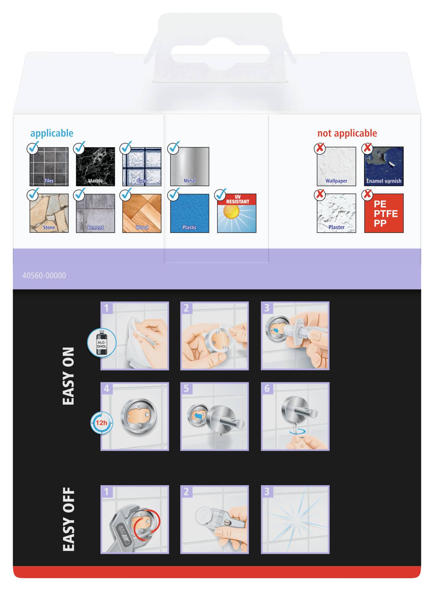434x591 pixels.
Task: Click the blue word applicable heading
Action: (52, 133)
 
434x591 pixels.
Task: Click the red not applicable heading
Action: (347, 133)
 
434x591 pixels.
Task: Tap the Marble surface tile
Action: (95, 166)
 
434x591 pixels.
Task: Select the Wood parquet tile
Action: (142, 213)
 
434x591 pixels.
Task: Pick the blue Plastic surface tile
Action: (189, 213)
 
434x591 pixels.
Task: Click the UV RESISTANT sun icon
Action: (236, 213)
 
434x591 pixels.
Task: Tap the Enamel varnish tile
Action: (384, 166)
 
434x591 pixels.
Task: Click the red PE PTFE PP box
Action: (384, 213)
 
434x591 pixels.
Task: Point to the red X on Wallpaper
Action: (320, 148)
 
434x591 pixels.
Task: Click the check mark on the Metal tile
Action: (174, 148)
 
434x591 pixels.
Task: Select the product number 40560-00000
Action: (44, 275)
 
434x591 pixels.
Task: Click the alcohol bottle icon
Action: (102, 343)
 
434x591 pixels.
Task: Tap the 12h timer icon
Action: (101, 423)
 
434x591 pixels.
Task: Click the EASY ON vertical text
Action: (68, 376)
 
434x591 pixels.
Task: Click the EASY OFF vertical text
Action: (68, 519)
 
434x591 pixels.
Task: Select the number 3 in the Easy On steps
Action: (267, 308)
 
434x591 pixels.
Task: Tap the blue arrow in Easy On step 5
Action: (199, 416)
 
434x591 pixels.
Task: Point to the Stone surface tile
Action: (49, 213)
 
